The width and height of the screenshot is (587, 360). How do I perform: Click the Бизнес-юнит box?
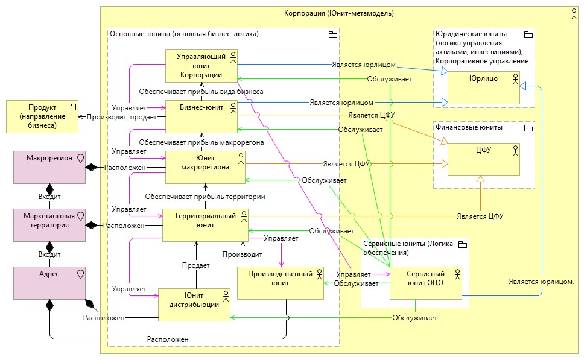pyautogui.click(x=201, y=116)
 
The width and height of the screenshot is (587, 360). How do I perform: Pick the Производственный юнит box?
pyautogui.click(x=280, y=283)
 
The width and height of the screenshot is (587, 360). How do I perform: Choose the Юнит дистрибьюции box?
pyautogui.click(x=195, y=305)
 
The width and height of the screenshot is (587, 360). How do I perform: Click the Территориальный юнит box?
pyautogui.click(x=205, y=225)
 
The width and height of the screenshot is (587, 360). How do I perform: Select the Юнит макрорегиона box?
pyautogui.click(x=205, y=167)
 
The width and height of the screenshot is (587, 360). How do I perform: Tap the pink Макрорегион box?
pyautogui.click(x=49, y=167)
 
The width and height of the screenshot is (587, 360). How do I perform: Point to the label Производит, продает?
pyautogui.click(x=122, y=117)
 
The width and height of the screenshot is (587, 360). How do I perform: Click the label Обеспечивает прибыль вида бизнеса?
pyautogui.click(x=201, y=92)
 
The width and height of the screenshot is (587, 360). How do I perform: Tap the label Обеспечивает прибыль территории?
pyautogui.click(x=206, y=197)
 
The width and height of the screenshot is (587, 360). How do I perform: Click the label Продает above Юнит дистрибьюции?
pyautogui.click(x=196, y=265)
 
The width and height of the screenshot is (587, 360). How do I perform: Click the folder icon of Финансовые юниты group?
pyautogui.click(x=528, y=128)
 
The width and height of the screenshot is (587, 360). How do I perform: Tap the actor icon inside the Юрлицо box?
pyautogui.click(x=516, y=78)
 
